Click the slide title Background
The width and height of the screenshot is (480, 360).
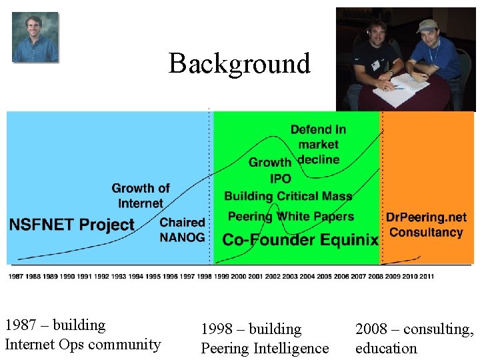point(239,63)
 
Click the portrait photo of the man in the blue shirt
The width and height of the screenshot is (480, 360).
point(35,37)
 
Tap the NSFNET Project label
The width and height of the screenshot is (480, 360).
point(72,224)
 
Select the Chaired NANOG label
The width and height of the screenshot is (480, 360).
point(183,230)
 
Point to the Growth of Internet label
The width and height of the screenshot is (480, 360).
point(141,196)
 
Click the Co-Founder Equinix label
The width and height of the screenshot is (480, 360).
point(300,239)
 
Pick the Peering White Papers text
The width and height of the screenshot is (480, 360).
point(291,217)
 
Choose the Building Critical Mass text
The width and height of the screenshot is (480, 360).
point(288,196)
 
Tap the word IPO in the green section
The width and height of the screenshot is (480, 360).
point(281,179)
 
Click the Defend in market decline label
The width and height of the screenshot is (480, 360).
point(318,144)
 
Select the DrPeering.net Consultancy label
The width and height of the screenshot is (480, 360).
point(426,225)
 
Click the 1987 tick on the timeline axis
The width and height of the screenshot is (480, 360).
point(15,276)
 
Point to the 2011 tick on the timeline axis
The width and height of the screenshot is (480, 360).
point(426,276)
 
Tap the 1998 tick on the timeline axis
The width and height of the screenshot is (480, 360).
point(204,276)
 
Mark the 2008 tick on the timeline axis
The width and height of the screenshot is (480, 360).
point(375,276)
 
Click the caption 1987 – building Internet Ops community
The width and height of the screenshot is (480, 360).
point(83,335)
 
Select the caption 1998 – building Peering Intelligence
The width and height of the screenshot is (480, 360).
point(265,339)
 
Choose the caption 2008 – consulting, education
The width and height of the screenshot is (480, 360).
point(415,339)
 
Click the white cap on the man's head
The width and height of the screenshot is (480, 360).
point(427,25)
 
